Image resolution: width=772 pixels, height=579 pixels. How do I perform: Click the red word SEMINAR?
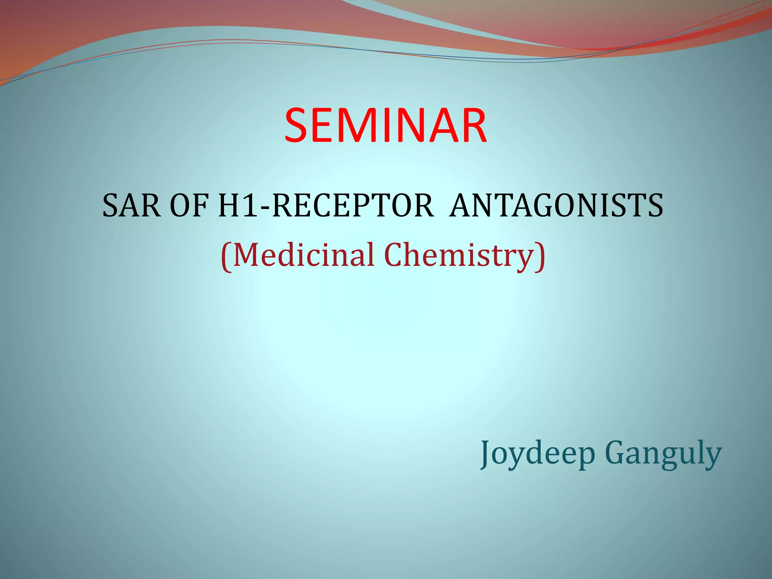pyautogui.click(x=385, y=125)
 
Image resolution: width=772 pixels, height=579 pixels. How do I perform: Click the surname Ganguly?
pyautogui.click(x=663, y=454)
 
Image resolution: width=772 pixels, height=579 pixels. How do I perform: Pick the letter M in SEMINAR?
pyautogui.click(x=356, y=125)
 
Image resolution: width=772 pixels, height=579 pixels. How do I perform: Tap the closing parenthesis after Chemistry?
pyautogui.click(x=541, y=256)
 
